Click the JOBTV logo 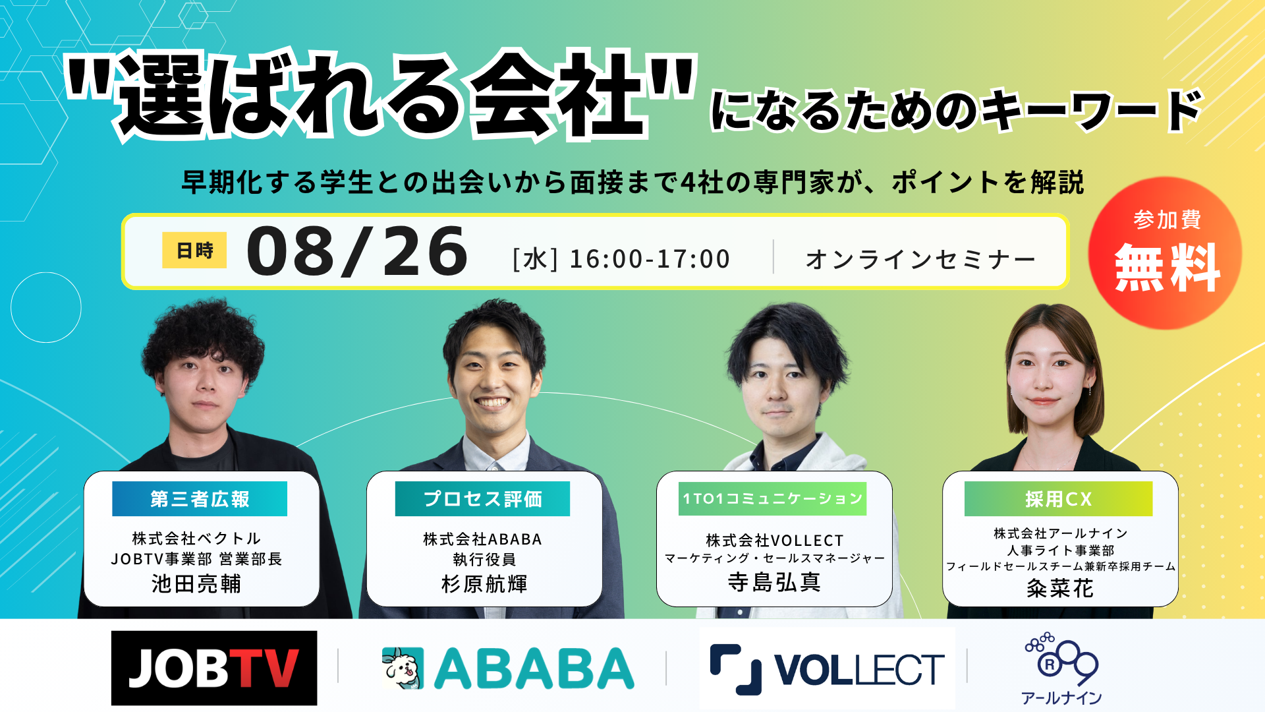[214, 668]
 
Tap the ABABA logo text [534, 668]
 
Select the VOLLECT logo [827, 669]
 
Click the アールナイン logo [1061, 669]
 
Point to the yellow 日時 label [194, 251]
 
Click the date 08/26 [357, 251]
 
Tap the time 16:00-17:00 [650, 259]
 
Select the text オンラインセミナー [920, 260]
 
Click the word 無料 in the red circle [1167, 267]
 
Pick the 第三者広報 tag [200, 499]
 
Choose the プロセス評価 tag [482, 499]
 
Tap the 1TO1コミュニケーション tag [773, 498]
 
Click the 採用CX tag [1058, 499]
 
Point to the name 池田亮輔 [196, 584]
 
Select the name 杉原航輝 [484, 584]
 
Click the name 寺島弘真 [774, 582]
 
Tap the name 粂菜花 [1060, 588]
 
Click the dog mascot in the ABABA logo [403, 668]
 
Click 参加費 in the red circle [1167, 220]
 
